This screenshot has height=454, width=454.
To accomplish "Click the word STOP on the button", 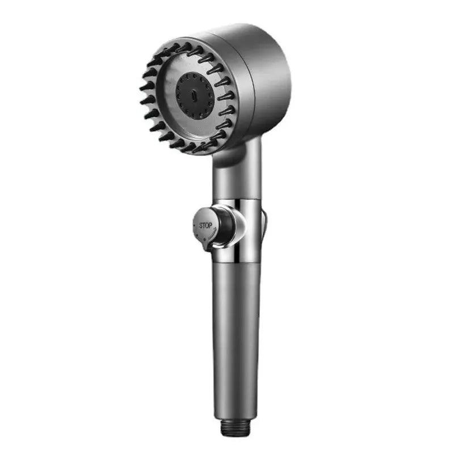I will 205,225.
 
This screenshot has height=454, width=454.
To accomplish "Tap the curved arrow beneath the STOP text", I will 207,233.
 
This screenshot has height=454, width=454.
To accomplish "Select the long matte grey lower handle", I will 237,340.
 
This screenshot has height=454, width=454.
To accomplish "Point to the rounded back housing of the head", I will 261,74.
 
